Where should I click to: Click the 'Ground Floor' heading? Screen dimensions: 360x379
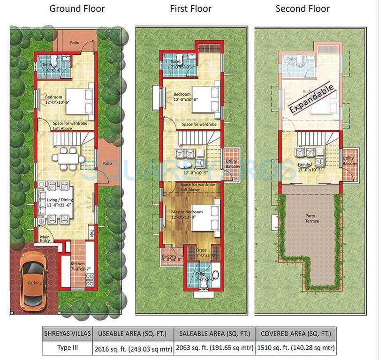point(77,8)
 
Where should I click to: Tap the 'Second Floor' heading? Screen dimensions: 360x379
point(303,8)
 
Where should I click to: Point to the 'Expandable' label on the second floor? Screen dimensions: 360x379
point(312,98)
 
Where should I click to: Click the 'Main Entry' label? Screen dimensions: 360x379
point(46,238)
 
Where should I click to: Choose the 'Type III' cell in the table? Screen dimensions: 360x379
point(68,348)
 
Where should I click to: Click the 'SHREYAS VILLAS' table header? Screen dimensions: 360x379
point(68,334)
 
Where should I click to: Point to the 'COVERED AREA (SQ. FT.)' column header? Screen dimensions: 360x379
point(296,334)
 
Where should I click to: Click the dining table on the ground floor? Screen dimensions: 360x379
point(68,158)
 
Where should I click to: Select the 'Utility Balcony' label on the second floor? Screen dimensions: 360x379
point(350,161)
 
